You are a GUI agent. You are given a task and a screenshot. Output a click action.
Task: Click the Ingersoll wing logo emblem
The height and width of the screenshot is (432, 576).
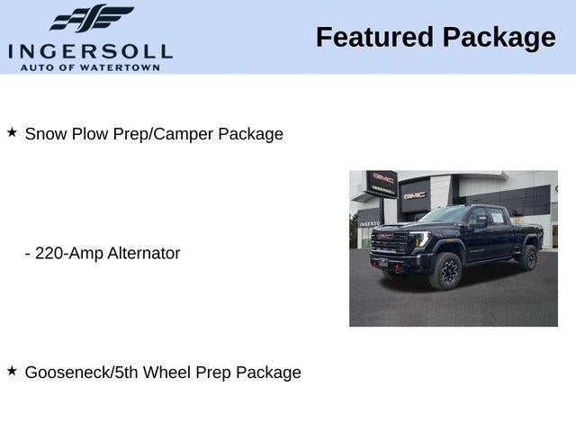coord(91,18)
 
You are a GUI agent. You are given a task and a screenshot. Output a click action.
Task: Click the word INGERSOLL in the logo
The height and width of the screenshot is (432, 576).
coord(90,50)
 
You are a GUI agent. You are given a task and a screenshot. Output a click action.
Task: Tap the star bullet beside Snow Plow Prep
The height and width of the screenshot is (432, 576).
coord(12,132)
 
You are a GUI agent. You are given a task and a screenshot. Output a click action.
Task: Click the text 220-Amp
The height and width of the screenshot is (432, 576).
coord(68,253)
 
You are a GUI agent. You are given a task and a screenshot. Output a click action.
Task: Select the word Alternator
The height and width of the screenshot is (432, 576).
coord(144,253)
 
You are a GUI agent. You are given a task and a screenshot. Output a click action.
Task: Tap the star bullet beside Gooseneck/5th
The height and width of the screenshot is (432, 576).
coord(12,370)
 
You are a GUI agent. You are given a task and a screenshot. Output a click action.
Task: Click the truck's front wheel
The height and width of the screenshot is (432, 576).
coord(446,271)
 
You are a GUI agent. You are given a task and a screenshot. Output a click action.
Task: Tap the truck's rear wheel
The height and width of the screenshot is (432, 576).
coord(527,258)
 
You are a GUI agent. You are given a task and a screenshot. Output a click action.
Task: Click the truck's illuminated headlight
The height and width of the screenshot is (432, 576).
coord(420,240)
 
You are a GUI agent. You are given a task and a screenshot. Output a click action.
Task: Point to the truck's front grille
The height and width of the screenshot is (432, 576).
coord(390,241)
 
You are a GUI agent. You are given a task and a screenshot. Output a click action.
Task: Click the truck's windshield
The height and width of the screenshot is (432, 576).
coord(443,216)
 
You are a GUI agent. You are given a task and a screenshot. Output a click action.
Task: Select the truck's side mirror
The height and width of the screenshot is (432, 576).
coord(480,222)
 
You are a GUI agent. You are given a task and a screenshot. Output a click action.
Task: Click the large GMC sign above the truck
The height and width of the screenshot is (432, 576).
coord(414,194)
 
